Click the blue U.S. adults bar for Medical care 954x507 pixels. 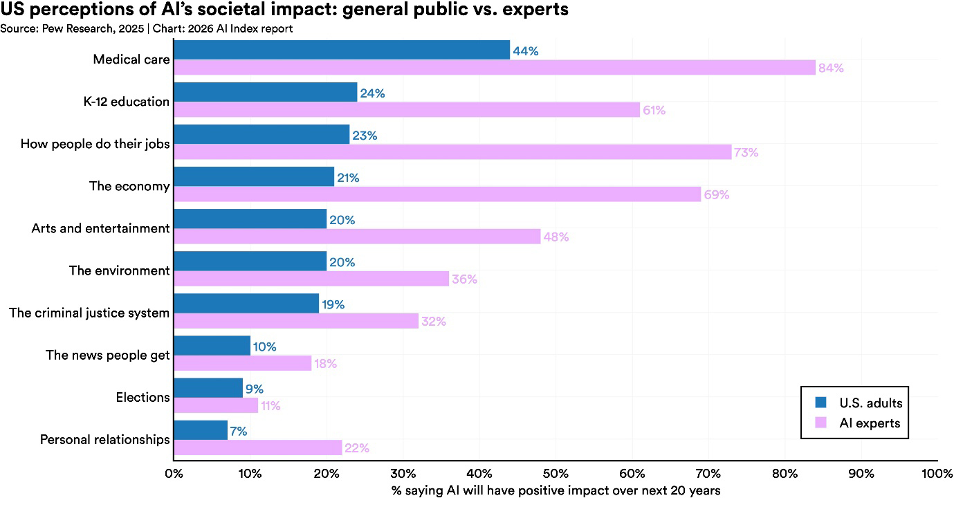(342, 50)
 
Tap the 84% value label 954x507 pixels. (830, 68)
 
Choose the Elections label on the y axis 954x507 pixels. (143, 397)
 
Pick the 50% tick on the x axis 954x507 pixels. (556, 474)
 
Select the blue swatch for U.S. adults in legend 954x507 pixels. (821, 403)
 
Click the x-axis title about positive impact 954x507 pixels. (556, 491)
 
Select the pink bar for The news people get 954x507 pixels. (242, 363)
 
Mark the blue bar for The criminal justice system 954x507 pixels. (246, 304)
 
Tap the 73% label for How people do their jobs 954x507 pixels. (746, 153)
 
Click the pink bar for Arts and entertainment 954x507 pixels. (356, 237)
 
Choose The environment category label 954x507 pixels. (119, 270)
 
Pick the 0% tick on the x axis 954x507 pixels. (174, 474)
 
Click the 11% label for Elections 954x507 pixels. (270, 406)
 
